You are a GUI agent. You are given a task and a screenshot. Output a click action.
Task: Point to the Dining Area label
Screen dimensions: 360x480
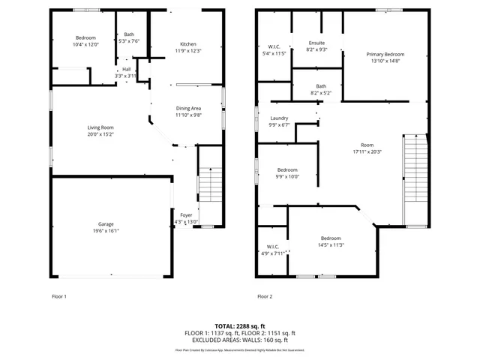pos(189,108)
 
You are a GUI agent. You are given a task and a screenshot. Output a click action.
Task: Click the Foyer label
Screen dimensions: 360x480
pos(186,215)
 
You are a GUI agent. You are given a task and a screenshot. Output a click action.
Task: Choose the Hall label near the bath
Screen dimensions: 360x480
pos(126,70)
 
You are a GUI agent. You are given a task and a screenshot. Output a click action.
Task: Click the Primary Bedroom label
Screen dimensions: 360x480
pos(385,55)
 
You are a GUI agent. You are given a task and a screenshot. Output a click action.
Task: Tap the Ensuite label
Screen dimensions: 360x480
pos(316,43)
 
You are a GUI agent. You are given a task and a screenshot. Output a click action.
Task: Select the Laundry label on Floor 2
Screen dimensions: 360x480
pos(279,118)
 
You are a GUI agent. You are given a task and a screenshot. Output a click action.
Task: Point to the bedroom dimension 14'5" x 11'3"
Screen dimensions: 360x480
pos(331,244)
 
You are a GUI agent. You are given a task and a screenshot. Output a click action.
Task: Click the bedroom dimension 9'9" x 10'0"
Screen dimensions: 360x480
pos(288,177)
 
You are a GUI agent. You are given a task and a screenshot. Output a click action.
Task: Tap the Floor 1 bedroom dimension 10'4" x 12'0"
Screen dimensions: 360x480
pos(85,44)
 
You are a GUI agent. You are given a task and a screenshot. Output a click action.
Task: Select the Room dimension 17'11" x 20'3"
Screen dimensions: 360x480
pos(367,151)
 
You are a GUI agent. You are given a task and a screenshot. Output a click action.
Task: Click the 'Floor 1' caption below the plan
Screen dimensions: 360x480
pos(58,296)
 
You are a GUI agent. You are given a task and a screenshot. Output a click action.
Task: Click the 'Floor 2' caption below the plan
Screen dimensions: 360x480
pos(265,296)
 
